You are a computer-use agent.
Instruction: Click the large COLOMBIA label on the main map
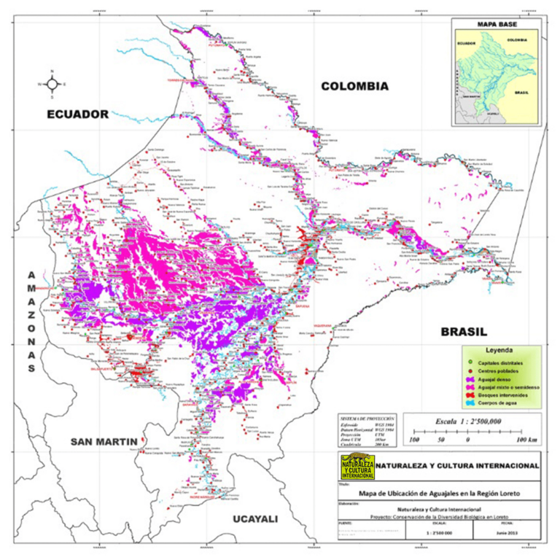click(x=354, y=86)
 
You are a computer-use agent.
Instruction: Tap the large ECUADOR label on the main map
click(x=77, y=114)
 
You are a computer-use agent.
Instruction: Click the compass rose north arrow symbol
click(x=52, y=84)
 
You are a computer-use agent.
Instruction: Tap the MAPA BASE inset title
click(x=496, y=24)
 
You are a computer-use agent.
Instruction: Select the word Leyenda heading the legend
click(x=504, y=349)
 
